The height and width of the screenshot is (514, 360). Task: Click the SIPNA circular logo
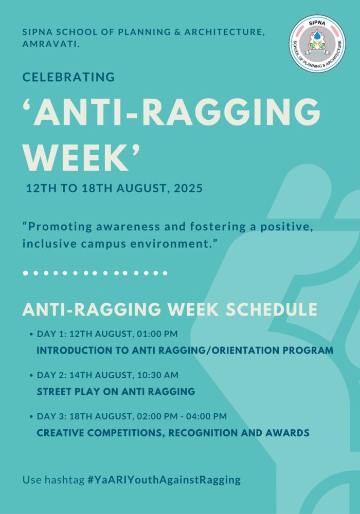coord(317,43)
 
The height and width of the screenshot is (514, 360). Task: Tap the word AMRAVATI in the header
coord(51,44)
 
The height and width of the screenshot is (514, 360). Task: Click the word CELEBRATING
coord(68,77)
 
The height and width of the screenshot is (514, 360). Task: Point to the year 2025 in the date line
coord(188,189)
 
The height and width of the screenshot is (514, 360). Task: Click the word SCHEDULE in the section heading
coord(272,309)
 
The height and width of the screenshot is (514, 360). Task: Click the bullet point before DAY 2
coord(31,375)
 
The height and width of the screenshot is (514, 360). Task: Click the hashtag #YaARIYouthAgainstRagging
coord(164,480)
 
